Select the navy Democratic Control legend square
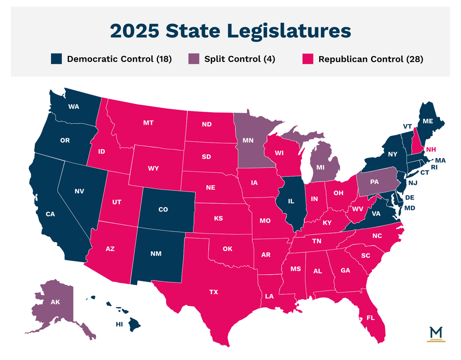click(56, 59)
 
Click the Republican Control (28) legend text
click(371, 59)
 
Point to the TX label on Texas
click(214, 292)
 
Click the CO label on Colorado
click(163, 209)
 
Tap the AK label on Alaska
click(55, 302)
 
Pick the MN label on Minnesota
click(248, 140)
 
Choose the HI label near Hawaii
click(119, 324)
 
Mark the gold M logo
click(437, 333)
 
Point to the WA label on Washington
click(74, 106)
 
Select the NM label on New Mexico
click(156, 254)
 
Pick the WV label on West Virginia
click(358, 209)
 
